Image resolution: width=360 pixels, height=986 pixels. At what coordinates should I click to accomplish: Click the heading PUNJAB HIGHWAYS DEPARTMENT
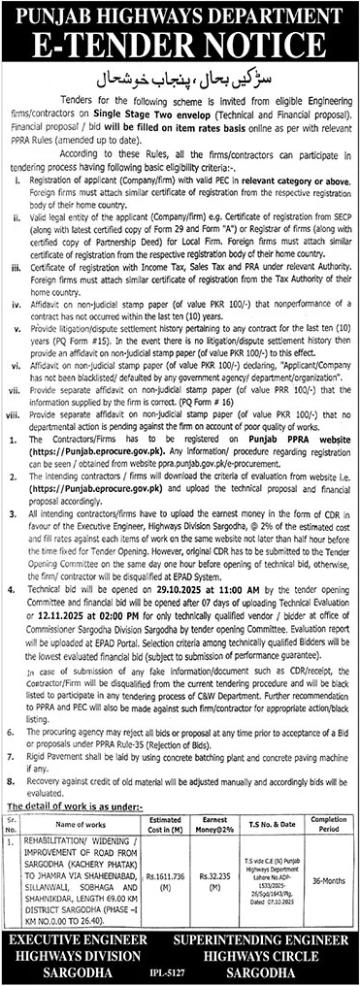pyautogui.click(x=180, y=14)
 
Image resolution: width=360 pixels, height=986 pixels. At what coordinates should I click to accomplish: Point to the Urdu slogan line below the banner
pyautogui.click(x=180, y=74)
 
